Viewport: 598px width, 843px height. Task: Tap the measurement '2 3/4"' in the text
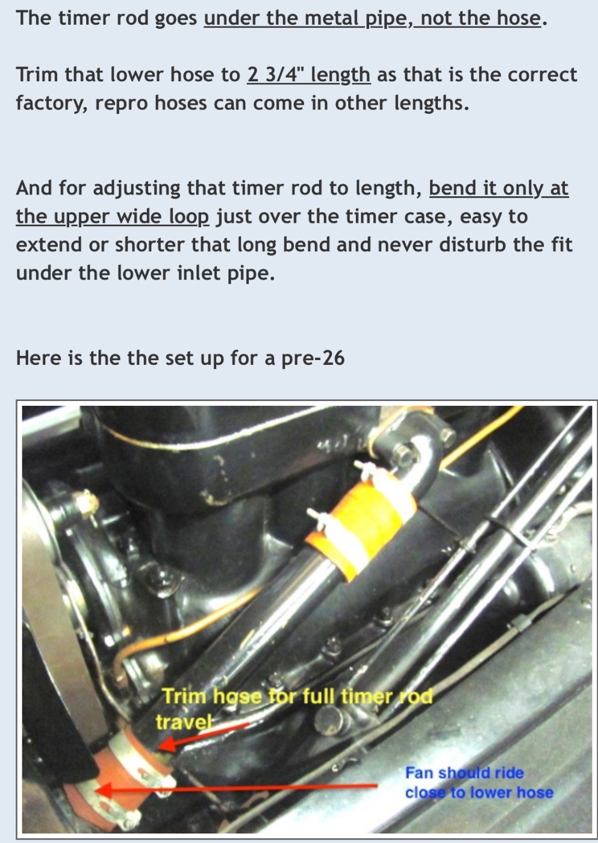(275, 74)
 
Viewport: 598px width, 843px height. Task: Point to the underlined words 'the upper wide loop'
(112, 216)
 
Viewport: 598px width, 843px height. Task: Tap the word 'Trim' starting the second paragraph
(37, 75)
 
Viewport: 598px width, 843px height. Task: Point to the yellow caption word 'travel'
(182, 722)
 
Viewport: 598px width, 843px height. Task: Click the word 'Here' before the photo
(38, 358)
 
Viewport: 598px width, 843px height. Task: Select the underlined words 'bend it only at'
(499, 188)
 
